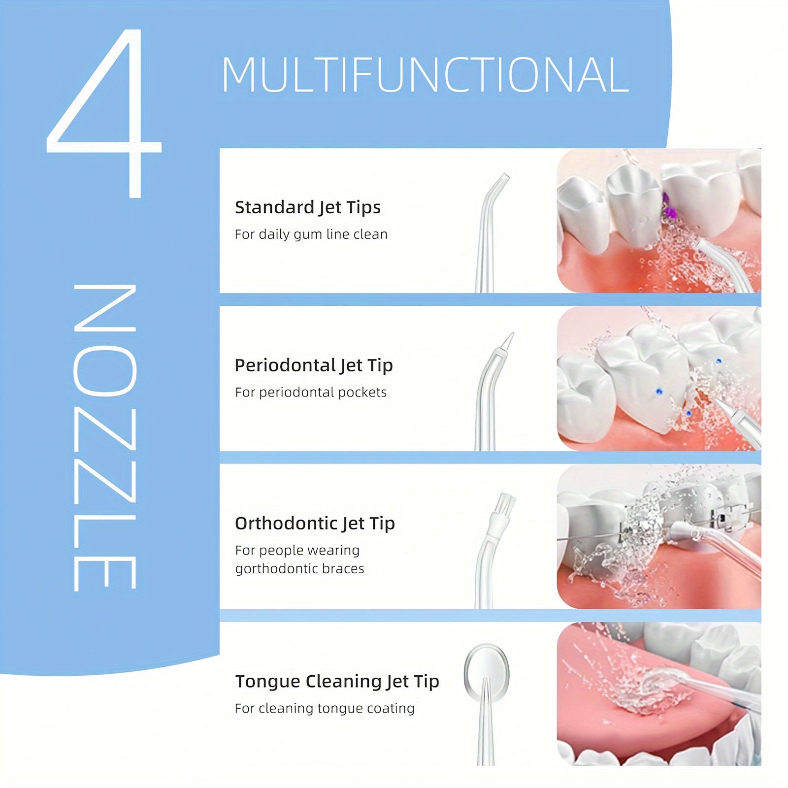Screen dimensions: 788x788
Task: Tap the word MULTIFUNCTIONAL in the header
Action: point(425,75)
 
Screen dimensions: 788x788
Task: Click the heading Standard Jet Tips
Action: point(307,207)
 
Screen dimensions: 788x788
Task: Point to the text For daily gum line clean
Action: point(311,234)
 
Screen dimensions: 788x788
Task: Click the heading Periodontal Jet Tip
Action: point(313,365)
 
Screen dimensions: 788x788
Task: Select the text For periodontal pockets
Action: point(310,393)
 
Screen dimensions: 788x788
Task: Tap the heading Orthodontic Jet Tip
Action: point(314,524)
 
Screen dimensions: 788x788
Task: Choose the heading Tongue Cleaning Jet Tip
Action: point(336,682)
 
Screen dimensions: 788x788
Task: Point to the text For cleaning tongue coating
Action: point(324,709)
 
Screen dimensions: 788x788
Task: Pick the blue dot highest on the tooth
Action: point(719,361)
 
